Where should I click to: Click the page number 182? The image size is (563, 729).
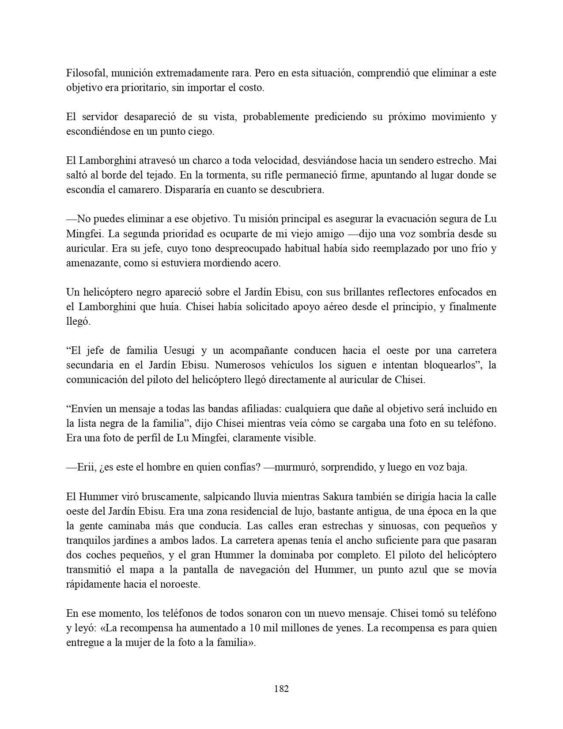[281, 689]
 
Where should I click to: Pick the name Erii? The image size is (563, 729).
[86, 467]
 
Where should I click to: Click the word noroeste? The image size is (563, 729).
[181, 585]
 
